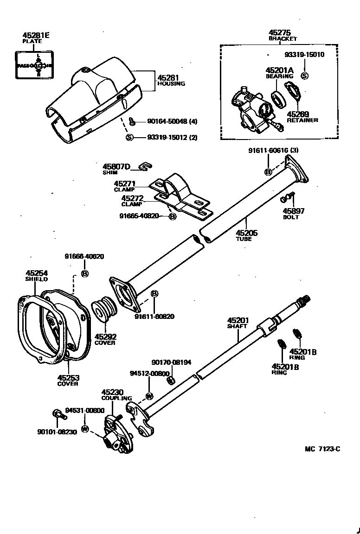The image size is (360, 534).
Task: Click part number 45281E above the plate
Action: pyautogui.click(x=35, y=35)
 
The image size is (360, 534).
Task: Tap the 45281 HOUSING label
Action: pyautogui.click(x=171, y=81)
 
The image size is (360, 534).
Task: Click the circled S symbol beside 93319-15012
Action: pyautogui.click(x=130, y=137)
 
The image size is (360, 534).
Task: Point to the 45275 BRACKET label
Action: pyautogui.click(x=283, y=36)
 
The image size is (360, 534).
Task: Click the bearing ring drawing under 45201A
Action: pyautogui.click(x=278, y=99)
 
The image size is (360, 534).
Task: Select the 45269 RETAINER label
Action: pyautogui.click(x=302, y=117)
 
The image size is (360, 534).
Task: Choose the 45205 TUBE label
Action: pyautogui.click(x=246, y=235)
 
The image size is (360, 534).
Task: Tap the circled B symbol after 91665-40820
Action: pyautogui.click(x=172, y=216)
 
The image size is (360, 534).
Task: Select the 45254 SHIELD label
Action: pyautogui.click(x=37, y=276)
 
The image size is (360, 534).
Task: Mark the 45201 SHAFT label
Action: pyautogui.click(x=238, y=323)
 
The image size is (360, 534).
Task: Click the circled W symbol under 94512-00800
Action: pyautogui.click(x=149, y=395)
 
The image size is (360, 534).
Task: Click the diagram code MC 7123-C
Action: pyautogui.click(x=322, y=449)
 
